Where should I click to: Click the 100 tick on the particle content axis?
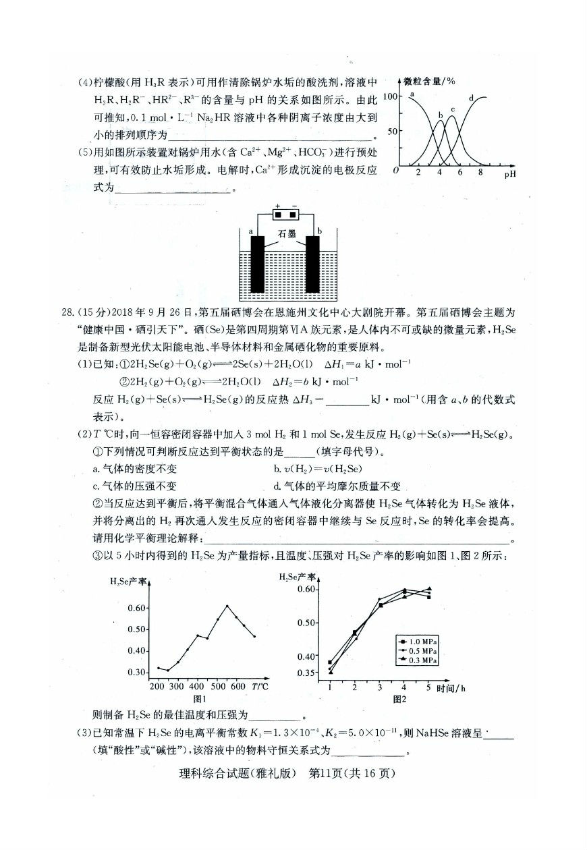pos(389,96)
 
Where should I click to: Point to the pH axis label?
pos(511,175)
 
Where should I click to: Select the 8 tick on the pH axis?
pos(480,173)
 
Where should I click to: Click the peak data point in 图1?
pos(227,606)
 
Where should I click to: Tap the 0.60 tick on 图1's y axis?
pos(137,608)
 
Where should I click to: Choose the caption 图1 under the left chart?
pos(200,699)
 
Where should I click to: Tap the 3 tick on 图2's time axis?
pos(380,687)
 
